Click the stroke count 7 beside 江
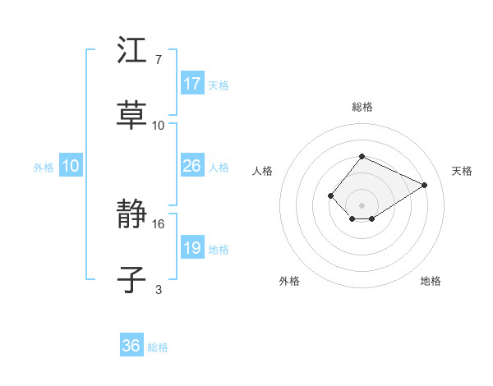(158, 61)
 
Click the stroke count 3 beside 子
(158, 288)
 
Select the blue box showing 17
(192, 84)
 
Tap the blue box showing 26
(192, 166)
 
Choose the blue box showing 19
(192, 248)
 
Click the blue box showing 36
(131, 346)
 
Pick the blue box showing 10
(71, 166)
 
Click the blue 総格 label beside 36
(158, 347)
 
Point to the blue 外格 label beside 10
(44, 167)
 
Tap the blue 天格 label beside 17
(219, 85)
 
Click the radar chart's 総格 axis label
(362, 107)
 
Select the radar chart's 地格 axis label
(431, 281)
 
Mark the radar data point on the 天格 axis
(424, 185)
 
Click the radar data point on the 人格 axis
(330, 195)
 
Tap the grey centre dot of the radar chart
(362, 205)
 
